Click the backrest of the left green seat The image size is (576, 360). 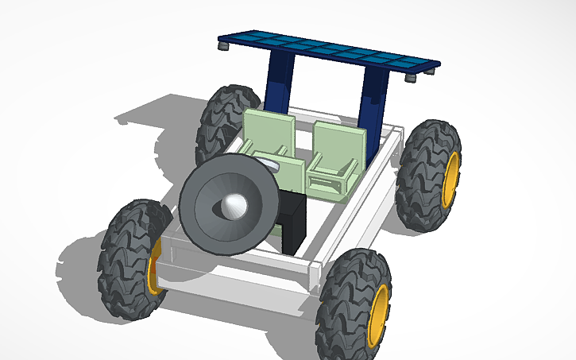(269, 130)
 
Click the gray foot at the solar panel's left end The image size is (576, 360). (226, 48)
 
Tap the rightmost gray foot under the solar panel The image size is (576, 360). (430, 72)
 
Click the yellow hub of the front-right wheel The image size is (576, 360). (380, 315)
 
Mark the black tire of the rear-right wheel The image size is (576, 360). (421, 175)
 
